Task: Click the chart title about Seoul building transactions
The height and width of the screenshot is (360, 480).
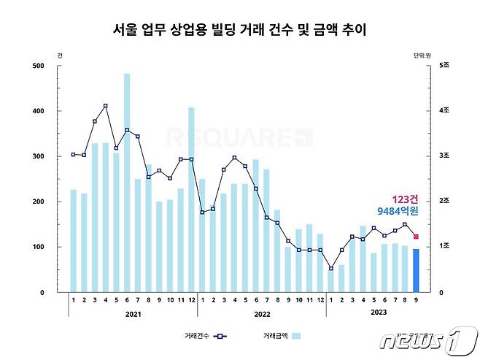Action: (x=240, y=31)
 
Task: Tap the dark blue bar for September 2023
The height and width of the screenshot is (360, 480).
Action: (x=416, y=270)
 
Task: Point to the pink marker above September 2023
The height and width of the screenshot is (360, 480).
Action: (x=416, y=236)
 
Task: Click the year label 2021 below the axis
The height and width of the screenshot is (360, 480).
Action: (x=133, y=314)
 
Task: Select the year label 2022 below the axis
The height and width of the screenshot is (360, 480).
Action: (x=261, y=314)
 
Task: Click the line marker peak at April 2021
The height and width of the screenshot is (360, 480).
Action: (x=106, y=106)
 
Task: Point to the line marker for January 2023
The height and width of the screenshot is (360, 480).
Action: (x=330, y=268)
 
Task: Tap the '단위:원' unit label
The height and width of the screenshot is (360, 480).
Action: (x=423, y=55)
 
